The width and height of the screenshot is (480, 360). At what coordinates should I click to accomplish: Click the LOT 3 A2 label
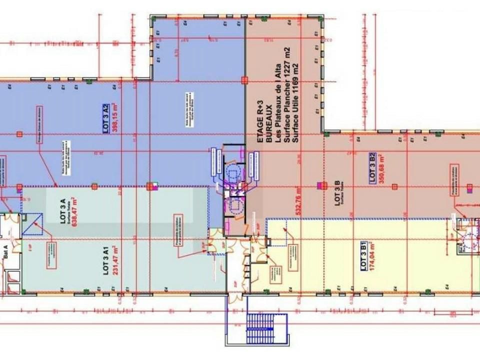click(x=106, y=117)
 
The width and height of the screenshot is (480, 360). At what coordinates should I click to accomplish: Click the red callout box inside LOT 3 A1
click(x=51, y=255)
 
